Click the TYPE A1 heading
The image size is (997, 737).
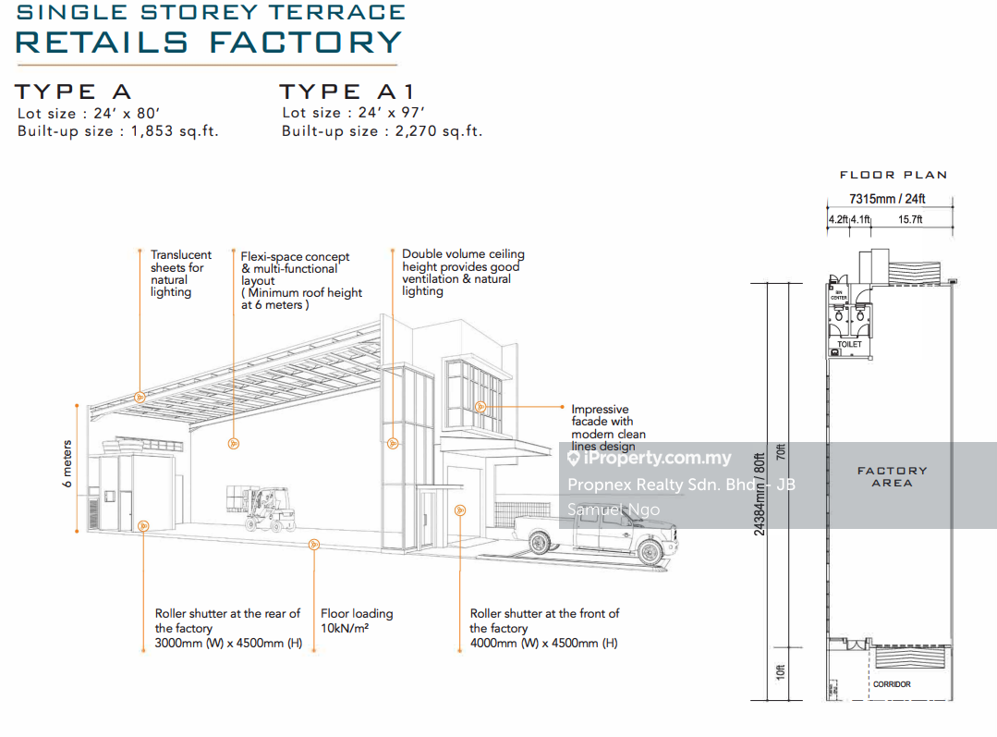(x=348, y=92)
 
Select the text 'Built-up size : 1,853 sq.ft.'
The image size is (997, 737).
(x=118, y=131)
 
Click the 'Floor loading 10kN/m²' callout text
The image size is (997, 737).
(x=357, y=620)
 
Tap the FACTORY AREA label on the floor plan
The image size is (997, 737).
(x=892, y=476)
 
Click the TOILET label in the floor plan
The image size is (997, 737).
(x=849, y=344)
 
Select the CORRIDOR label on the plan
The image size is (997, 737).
(x=892, y=684)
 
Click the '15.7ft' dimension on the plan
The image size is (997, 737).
(x=910, y=219)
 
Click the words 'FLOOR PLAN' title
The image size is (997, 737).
(x=893, y=175)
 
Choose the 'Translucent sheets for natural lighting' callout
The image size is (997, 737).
(x=181, y=273)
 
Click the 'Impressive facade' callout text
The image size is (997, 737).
(x=608, y=427)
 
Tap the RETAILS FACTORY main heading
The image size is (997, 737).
(x=210, y=42)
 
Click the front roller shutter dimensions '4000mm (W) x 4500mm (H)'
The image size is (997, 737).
(x=543, y=643)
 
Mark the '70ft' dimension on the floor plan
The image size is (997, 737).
(x=781, y=453)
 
